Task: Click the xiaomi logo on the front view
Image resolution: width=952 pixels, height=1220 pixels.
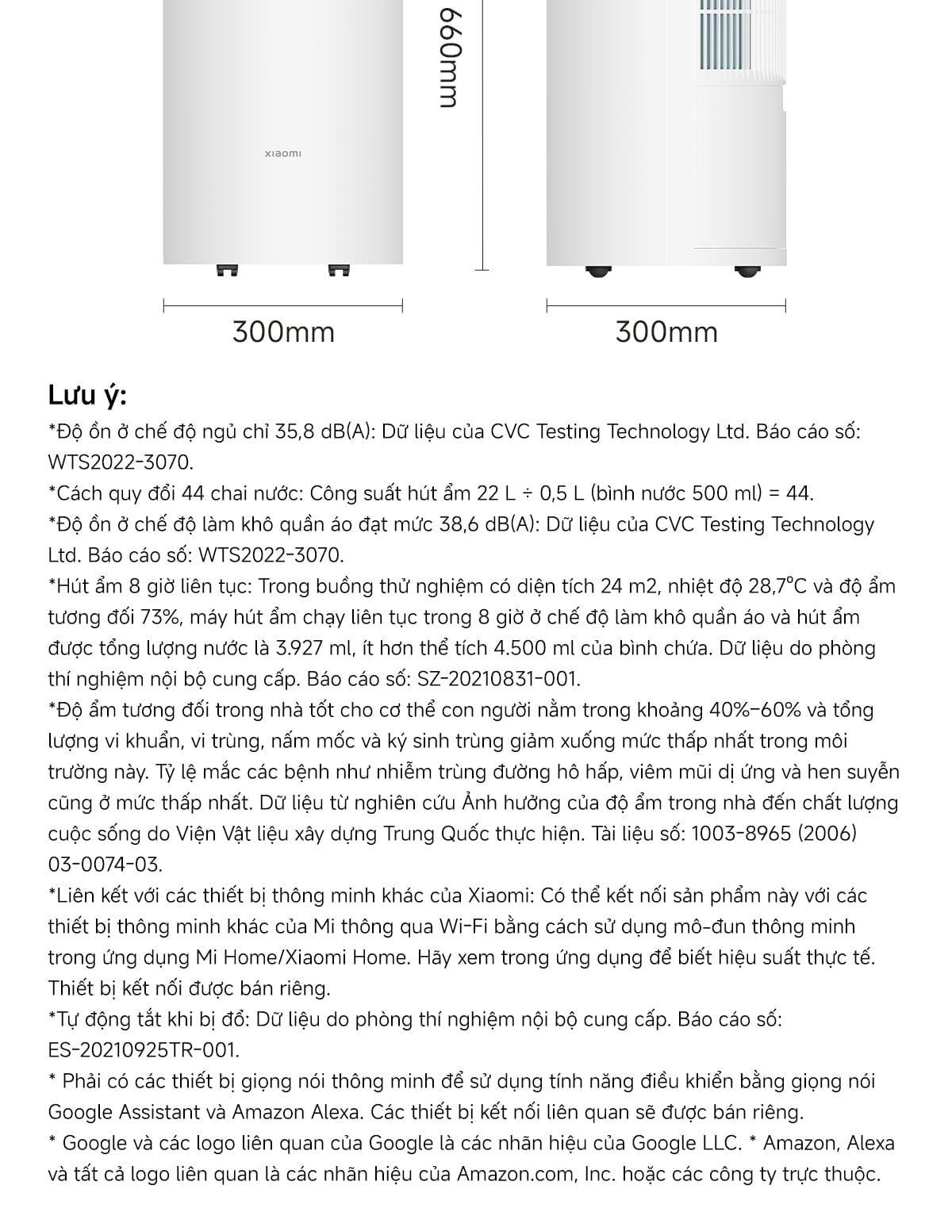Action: click(x=282, y=153)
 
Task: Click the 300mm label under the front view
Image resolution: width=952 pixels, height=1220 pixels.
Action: click(x=283, y=332)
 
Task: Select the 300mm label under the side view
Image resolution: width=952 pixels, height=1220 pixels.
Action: click(x=666, y=332)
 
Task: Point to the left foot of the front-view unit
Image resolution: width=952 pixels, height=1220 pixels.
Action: click(x=228, y=270)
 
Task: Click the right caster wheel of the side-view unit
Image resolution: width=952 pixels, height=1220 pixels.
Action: click(x=745, y=271)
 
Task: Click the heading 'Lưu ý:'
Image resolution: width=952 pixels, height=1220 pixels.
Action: click(x=87, y=395)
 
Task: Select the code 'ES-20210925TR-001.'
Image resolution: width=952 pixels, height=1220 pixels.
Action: click(x=144, y=1050)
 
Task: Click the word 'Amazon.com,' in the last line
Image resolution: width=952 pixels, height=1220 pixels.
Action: click(x=516, y=1174)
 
